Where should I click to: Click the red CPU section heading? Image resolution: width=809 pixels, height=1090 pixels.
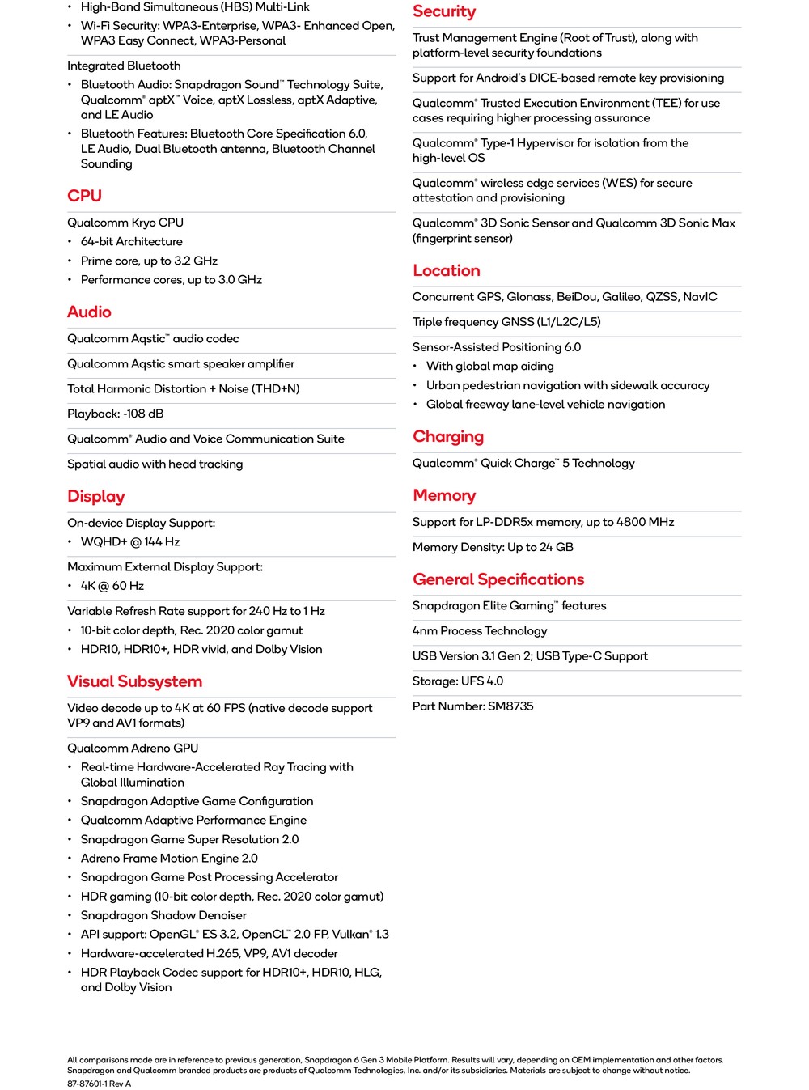click(84, 196)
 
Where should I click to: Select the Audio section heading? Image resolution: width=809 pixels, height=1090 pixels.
click(89, 312)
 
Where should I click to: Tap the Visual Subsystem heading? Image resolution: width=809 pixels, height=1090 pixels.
click(134, 681)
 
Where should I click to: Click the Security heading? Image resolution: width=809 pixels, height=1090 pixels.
click(444, 11)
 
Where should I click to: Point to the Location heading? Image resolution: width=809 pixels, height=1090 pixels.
click(447, 270)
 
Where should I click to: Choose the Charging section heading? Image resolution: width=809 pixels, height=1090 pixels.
click(448, 436)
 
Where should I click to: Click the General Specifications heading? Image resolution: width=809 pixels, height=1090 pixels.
click(498, 579)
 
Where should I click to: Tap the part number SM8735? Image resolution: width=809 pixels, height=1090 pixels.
click(510, 706)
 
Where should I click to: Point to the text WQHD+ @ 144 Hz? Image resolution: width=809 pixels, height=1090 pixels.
click(130, 542)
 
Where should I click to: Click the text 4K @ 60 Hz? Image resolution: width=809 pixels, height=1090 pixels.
click(112, 586)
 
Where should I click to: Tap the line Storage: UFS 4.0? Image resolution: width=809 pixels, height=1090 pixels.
click(458, 681)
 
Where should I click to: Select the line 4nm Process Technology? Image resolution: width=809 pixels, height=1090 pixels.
click(480, 631)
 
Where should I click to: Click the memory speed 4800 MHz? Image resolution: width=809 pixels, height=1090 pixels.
click(645, 522)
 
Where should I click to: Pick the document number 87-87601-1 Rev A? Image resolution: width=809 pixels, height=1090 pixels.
click(99, 1084)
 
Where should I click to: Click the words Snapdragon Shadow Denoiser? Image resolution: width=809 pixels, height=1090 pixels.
click(163, 915)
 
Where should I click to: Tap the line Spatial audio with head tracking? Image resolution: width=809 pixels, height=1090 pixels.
click(155, 464)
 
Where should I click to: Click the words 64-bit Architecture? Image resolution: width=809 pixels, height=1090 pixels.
click(131, 241)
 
